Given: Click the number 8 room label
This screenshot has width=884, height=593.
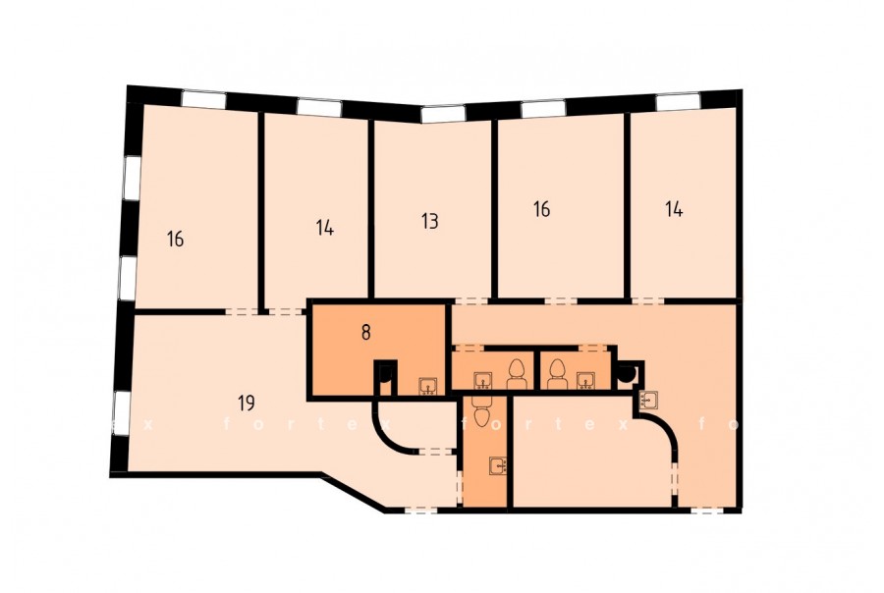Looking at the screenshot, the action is click(366, 333).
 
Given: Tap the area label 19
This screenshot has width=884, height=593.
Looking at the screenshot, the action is click(246, 404).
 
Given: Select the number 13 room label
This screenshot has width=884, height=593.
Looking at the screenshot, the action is click(429, 221).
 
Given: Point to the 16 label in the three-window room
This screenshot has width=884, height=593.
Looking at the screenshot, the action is click(176, 239).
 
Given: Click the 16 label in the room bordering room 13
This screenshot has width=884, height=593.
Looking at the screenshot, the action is click(541, 209).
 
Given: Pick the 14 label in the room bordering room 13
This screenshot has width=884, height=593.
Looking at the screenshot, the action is click(325, 228).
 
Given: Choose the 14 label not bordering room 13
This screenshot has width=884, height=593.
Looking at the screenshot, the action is click(674, 209).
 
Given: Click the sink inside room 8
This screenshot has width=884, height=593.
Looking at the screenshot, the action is click(427, 386).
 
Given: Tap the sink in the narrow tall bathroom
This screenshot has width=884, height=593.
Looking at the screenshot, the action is click(498, 465).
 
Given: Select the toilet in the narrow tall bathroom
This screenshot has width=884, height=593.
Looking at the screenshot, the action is click(481, 411).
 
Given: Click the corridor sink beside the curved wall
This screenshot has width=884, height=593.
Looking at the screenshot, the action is click(648, 399).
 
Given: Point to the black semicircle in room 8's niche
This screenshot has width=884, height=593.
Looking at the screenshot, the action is click(386, 373).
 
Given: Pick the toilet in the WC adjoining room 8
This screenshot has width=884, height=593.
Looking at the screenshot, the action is click(516, 374).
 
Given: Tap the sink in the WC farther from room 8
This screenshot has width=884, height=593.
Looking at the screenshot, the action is click(585, 381).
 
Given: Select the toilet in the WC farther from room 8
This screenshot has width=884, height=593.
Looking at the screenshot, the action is click(557, 374).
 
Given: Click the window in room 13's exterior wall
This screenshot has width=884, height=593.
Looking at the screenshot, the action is click(443, 115).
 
